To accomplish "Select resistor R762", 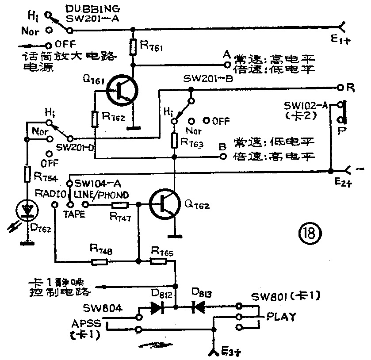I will tap(96, 118).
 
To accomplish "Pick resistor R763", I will tap(175, 141).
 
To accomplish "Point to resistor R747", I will tap(120, 205).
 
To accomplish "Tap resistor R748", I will tap(99, 261).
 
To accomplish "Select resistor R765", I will tap(158, 261).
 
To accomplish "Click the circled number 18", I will tap(309, 233).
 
